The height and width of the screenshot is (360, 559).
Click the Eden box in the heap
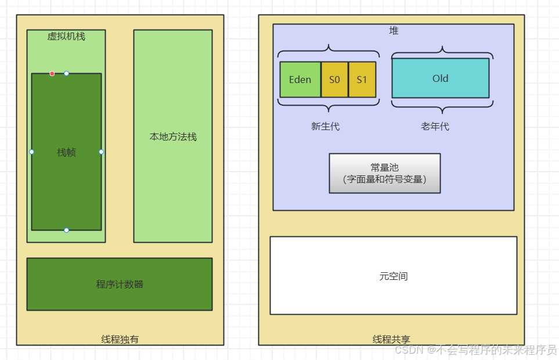click(300, 80)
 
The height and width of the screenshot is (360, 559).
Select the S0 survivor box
click(334, 80)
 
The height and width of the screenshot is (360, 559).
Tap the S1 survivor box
click(362, 80)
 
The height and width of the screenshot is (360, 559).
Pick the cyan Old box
click(441, 78)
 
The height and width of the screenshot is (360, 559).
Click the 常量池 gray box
click(385, 173)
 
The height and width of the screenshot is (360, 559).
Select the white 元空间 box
click(394, 276)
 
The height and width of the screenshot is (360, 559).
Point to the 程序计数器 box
click(120, 284)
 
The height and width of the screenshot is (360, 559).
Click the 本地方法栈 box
click(173, 136)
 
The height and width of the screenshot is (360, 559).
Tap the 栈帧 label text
click(67, 152)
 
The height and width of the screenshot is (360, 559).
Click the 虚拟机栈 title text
click(66, 36)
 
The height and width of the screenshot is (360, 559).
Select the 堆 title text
click(394, 31)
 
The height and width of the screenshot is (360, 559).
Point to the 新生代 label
click(325, 126)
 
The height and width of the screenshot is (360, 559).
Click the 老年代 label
click(435, 126)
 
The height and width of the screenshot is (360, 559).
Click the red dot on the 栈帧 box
click(52, 74)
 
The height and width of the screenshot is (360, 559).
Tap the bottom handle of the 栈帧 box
click(67, 230)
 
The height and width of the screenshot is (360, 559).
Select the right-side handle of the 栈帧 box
click(101, 152)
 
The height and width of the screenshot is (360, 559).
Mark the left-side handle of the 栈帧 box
click(32, 152)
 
